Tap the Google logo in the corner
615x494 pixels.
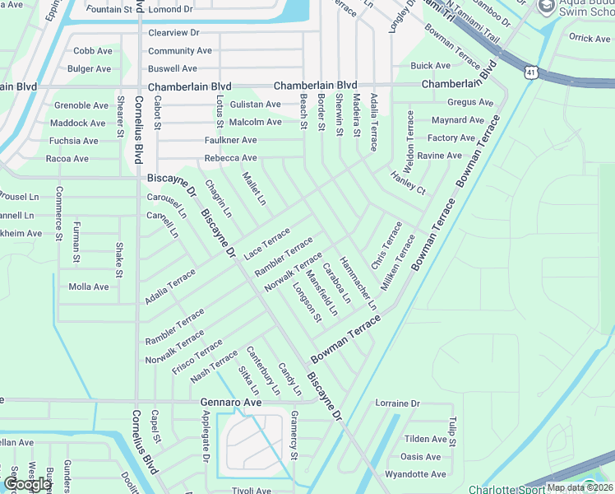click(x=28, y=484)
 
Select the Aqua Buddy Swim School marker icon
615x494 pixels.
click(x=545, y=7)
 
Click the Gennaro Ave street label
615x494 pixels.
click(x=231, y=403)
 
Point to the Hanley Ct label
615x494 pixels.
click(x=408, y=183)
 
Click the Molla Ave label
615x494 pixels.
click(x=89, y=287)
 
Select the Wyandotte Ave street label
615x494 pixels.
click(x=415, y=474)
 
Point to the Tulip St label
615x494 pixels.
click(x=452, y=431)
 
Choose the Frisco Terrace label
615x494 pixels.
click(x=197, y=356)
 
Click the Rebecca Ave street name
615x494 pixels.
click(x=230, y=158)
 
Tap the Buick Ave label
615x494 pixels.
click(x=431, y=66)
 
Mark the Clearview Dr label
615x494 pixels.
click(x=173, y=33)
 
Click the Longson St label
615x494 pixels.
click(x=307, y=302)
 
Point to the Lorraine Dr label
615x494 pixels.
click(x=397, y=404)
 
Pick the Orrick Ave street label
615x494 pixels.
click(x=590, y=38)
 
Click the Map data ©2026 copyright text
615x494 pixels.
click(x=579, y=487)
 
